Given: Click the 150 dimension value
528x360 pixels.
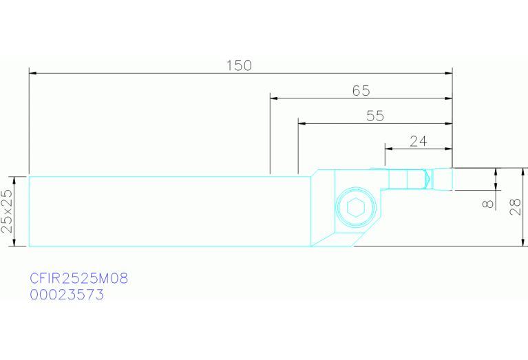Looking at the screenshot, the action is tap(239, 65).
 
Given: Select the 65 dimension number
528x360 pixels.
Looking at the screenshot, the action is tap(361, 91).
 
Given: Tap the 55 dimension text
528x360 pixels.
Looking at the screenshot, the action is tap(375, 116).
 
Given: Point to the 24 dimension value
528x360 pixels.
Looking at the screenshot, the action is tap(419, 141).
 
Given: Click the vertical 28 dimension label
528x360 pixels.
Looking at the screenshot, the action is tap(516, 207).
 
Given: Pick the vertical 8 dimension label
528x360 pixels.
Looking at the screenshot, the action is tap(488, 204).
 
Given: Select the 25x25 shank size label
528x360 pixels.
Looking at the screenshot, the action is tap(7, 211).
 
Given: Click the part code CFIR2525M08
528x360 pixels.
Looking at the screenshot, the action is tap(78, 279).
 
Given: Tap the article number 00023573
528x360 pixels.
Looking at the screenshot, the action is tap(67, 295).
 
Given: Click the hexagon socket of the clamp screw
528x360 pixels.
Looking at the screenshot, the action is tap(356, 207).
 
